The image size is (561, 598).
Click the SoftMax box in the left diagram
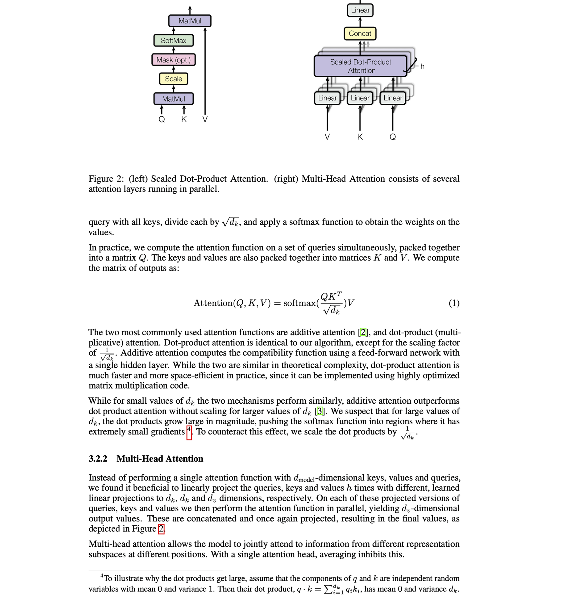(174, 40)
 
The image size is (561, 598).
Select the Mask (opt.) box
(174, 60)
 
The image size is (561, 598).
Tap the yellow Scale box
(174, 79)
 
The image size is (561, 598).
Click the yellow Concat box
(360, 33)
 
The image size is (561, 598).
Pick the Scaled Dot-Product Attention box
(361, 66)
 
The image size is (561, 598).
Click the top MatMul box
(190, 21)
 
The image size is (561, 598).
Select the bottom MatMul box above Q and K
(174, 99)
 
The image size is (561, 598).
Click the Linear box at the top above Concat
(360, 10)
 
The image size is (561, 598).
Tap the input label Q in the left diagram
(162, 119)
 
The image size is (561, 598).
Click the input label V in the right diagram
(327, 137)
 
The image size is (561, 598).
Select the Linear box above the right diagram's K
(360, 98)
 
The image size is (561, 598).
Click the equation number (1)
(454, 303)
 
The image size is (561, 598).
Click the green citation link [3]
(320, 411)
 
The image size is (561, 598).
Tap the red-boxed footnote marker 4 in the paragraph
(189, 432)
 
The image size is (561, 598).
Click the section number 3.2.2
(98, 459)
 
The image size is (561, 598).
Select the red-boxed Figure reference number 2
(161, 528)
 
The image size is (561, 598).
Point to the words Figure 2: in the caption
(106, 179)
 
